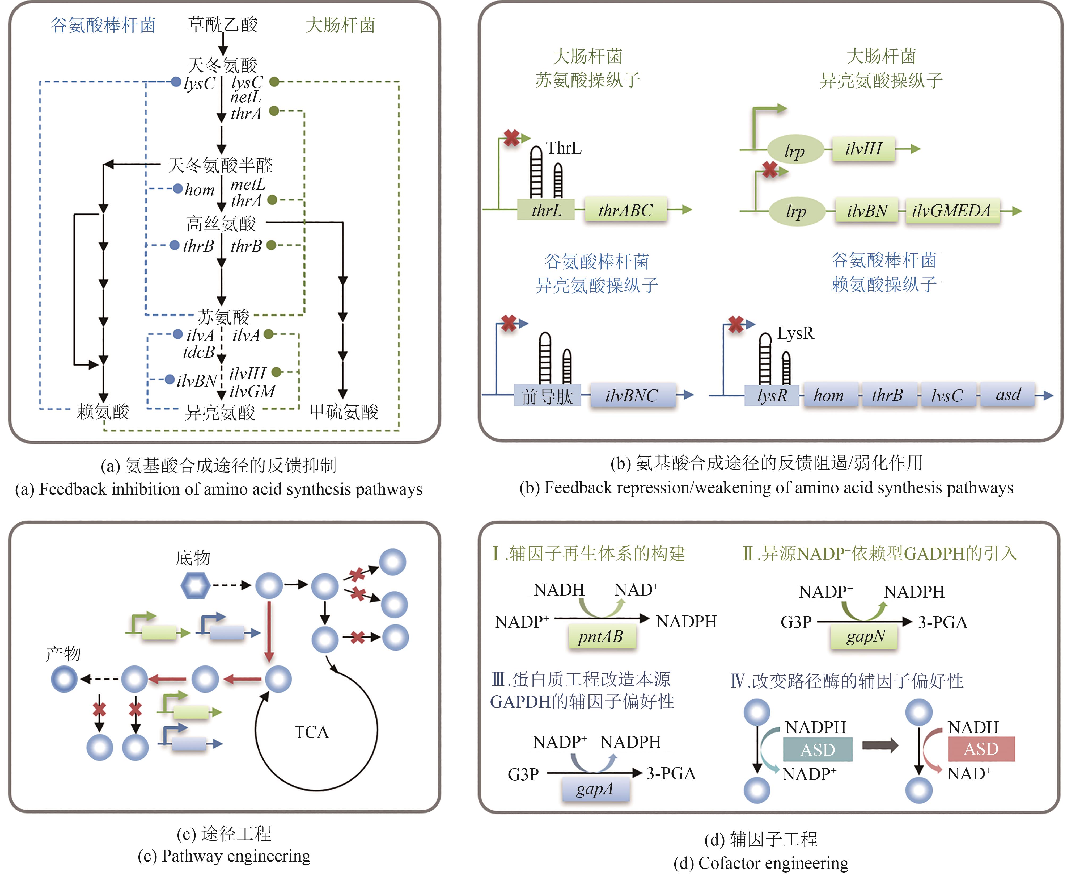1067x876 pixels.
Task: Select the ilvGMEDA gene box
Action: [x=951, y=210]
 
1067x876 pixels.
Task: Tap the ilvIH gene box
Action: [x=863, y=149]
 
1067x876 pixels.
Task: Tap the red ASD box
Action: [x=981, y=749]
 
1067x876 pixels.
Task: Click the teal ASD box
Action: [x=818, y=749]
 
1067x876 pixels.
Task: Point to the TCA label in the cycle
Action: [x=311, y=732]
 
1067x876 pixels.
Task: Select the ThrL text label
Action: [x=564, y=148]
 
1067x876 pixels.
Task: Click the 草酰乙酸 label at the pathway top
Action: [x=222, y=24]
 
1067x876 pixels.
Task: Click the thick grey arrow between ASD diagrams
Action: [x=880, y=745]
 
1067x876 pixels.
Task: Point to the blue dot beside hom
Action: [x=177, y=189]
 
